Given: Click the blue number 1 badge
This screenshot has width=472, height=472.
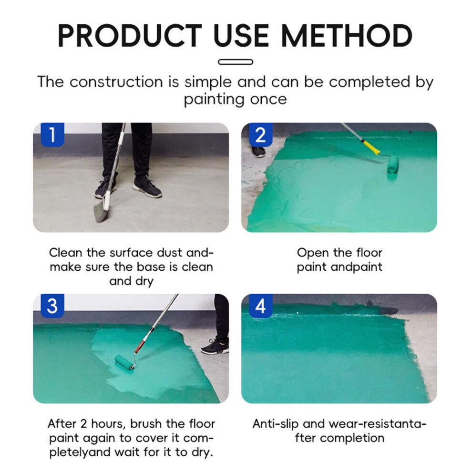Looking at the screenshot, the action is (x=52, y=134).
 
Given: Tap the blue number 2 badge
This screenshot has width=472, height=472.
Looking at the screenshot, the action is (x=261, y=134).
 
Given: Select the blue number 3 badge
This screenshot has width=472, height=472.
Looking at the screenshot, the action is (x=52, y=306).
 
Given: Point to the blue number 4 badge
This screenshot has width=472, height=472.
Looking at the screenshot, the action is (x=261, y=306).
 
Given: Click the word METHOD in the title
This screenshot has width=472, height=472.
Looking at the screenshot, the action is (x=346, y=36).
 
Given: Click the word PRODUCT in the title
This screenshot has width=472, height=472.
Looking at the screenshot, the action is (x=130, y=36).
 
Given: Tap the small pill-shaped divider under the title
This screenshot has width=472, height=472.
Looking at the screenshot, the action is (x=236, y=62).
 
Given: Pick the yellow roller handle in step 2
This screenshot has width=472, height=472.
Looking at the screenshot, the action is (x=370, y=147).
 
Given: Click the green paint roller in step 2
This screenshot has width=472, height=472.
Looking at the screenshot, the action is (x=393, y=164).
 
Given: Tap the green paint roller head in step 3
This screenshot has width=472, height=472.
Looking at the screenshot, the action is (x=124, y=362).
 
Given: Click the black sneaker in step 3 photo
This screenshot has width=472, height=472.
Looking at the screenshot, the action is (x=215, y=347).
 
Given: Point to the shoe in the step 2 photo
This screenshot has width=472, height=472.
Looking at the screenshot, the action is (x=258, y=152).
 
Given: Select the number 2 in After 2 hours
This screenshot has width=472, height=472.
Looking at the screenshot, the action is (x=83, y=424).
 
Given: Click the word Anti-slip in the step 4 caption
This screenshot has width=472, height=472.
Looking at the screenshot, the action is (x=276, y=424).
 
